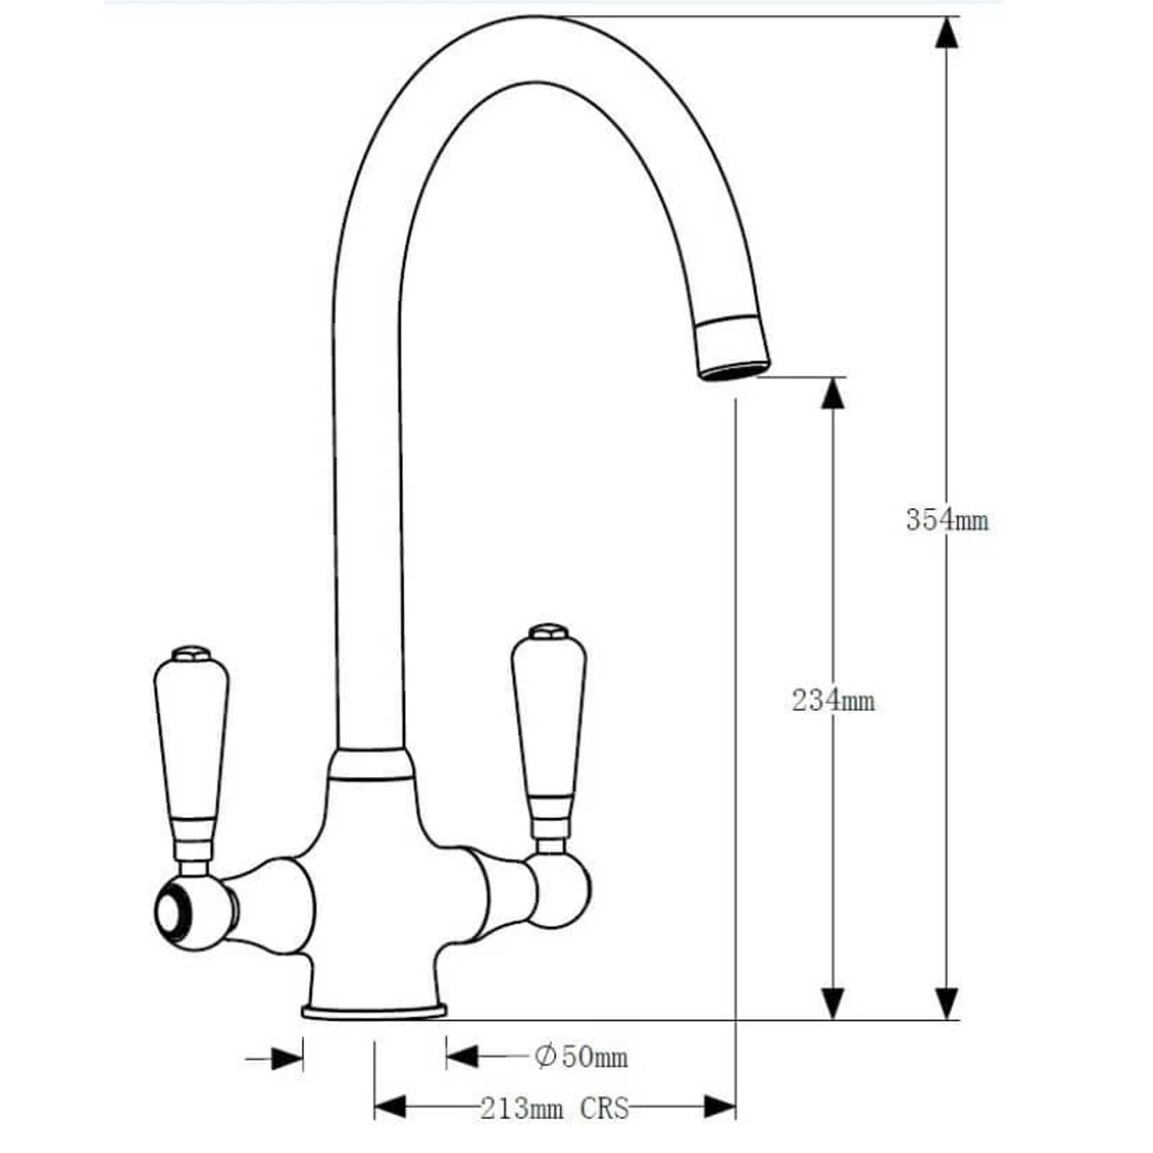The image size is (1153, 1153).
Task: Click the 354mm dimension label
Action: pyautogui.click(x=946, y=520)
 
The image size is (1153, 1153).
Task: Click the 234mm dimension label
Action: pyautogui.click(x=832, y=700)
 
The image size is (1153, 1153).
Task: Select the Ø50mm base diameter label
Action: pyautogui.click(x=581, y=1057)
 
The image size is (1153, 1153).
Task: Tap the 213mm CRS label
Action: pyautogui.click(x=554, y=1108)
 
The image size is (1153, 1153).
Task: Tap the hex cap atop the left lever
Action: pyautogui.click(x=191, y=654)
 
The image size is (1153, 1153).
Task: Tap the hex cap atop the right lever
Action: pyautogui.click(x=548, y=632)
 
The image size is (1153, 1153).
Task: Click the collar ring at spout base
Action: pyautogui.click(x=371, y=765)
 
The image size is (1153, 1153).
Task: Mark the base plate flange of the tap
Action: pyautogui.click(x=374, y=1012)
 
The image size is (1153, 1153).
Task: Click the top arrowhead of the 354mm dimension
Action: pyautogui.click(x=946, y=32)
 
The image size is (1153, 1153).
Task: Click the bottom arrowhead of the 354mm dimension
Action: pyautogui.click(x=946, y=1003)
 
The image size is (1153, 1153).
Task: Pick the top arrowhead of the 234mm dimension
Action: pyautogui.click(x=833, y=393)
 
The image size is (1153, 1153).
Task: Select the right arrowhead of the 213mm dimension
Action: pyautogui.click(x=719, y=1108)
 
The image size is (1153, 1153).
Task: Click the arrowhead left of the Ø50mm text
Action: pyautogui.click(x=462, y=1057)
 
